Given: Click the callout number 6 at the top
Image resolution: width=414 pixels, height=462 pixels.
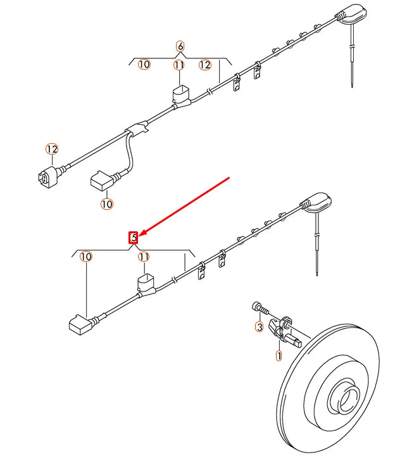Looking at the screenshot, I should point(180,46).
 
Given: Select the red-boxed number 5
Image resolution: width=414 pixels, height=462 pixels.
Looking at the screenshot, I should point(134,238).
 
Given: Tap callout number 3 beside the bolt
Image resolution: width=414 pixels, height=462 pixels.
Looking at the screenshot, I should point(259,327).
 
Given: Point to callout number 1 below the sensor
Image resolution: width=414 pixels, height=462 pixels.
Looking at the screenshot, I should point(279,356).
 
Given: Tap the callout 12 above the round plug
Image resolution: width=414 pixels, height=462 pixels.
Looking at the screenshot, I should point(52,149).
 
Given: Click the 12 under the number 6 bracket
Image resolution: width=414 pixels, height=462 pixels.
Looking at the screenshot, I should point(204,65).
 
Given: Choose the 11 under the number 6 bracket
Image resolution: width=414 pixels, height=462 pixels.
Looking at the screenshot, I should point(179,65).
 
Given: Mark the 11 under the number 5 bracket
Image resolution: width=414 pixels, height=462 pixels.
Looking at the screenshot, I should point(144,257).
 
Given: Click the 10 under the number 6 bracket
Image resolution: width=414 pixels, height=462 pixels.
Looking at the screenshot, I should point(144,65).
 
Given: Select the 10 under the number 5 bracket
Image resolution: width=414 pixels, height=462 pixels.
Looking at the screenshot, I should point(86,257).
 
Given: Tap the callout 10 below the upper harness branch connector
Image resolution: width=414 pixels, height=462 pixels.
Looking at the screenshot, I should point(106,204).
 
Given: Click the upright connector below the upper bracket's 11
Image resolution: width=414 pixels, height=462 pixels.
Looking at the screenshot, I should point(181,95).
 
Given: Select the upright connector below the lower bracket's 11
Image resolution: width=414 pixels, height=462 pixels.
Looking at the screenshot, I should point(146,283).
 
